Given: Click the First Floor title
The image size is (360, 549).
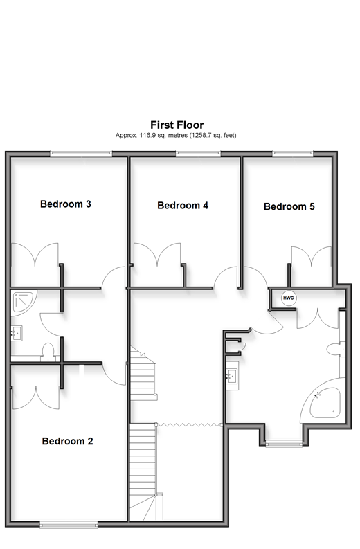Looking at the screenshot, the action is coord(177,125).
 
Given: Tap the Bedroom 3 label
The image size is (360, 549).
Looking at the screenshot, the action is coord(66,204).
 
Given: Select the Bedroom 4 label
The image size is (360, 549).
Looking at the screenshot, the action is coord(183,205).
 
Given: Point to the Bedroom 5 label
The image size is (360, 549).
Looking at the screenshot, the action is coord(289,206).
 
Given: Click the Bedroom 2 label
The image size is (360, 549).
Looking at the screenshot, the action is coord(68,441).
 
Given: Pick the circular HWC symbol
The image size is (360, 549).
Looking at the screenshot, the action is coord(289,298).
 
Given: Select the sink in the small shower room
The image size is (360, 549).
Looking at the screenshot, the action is coord(17,332).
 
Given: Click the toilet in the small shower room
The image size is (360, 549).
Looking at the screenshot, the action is coord(48,351).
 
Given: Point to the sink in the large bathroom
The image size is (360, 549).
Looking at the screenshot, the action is coord(232,376).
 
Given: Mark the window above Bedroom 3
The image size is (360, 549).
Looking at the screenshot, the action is coord(81,153).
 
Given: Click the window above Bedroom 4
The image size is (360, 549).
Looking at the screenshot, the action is coord(198,153).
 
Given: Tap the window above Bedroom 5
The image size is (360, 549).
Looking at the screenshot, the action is coord(293,153).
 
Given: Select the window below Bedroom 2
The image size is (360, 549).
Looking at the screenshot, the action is coord(69,524).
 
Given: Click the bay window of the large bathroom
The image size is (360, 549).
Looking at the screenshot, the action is coord(284,444).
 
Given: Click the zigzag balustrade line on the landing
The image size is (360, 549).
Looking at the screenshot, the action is coord(189,425).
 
